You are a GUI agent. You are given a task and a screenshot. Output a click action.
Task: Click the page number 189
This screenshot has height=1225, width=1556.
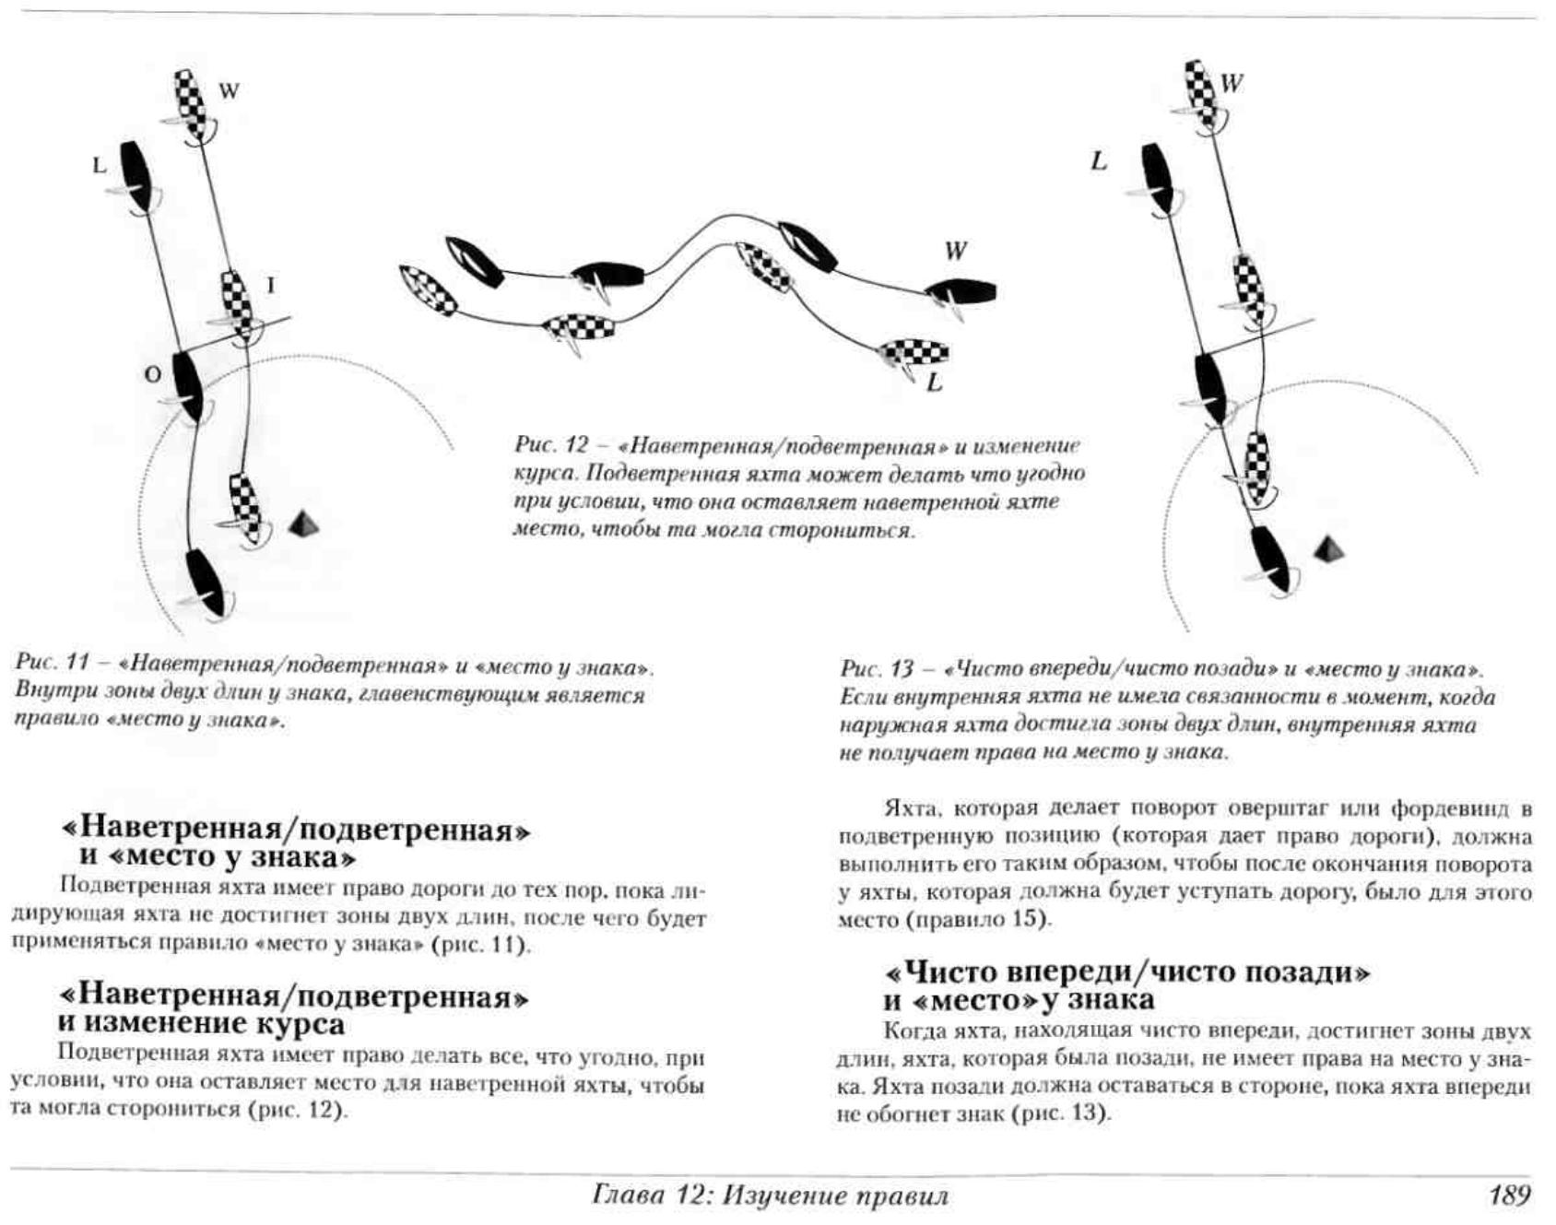(x=1509, y=1196)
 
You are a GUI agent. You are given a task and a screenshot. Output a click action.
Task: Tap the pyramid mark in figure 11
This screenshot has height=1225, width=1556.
(x=305, y=524)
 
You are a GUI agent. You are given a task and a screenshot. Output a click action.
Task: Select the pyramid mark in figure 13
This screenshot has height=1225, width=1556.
(x=1328, y=549)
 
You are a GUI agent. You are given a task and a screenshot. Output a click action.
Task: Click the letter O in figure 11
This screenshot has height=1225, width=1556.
(x=153, y=374)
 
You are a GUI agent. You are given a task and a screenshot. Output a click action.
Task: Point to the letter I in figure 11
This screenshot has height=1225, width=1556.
(x=270, y=286)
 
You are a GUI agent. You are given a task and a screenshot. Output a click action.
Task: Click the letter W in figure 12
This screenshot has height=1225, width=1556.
(x=955, y=251)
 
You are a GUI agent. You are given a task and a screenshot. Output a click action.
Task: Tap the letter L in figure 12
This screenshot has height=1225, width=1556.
(x=935, y=383)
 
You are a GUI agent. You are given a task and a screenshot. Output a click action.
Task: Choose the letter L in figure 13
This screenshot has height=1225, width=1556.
(x=1099, y=161)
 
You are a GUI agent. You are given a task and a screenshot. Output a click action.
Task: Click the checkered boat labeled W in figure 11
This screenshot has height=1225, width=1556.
(x=193, y=104)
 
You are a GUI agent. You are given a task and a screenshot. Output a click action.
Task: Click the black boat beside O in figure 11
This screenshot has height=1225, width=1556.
(x=188, y=385)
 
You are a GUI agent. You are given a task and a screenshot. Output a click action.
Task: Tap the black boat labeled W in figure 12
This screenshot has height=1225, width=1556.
(x=961, y=293)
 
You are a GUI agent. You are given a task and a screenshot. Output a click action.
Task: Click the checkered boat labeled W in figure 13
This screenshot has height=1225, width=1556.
(x=1201, y=92)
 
